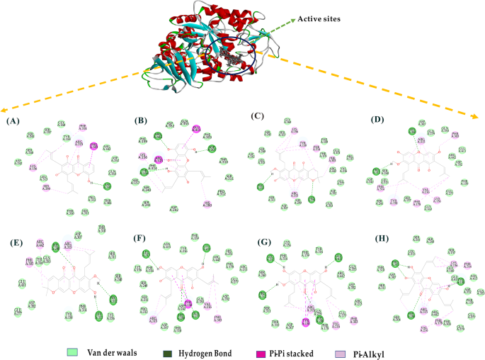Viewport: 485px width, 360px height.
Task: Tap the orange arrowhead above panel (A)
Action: (x=4, y=112)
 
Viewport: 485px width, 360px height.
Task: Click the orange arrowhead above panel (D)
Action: (x=480, y=111)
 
